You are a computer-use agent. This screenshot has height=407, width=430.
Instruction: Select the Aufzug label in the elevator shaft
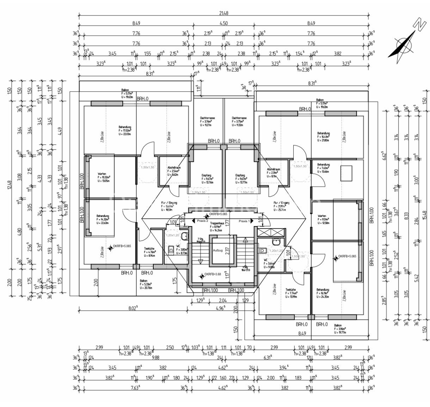point(217,250)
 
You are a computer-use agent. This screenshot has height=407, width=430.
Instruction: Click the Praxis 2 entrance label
point(202,221)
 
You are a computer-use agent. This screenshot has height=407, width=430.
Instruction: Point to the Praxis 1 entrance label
point(244,221)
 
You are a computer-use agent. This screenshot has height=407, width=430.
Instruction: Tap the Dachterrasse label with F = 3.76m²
point(208,118)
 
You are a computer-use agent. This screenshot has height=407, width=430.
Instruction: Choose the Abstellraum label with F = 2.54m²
point(174,168)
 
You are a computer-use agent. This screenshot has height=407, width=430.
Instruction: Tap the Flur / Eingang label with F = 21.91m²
point(281,203)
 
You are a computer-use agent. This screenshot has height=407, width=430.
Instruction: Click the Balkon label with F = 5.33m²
point(143,281)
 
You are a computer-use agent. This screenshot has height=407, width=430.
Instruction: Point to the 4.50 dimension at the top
point(223,23)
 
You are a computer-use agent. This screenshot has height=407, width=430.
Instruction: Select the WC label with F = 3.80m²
point(178,245)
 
